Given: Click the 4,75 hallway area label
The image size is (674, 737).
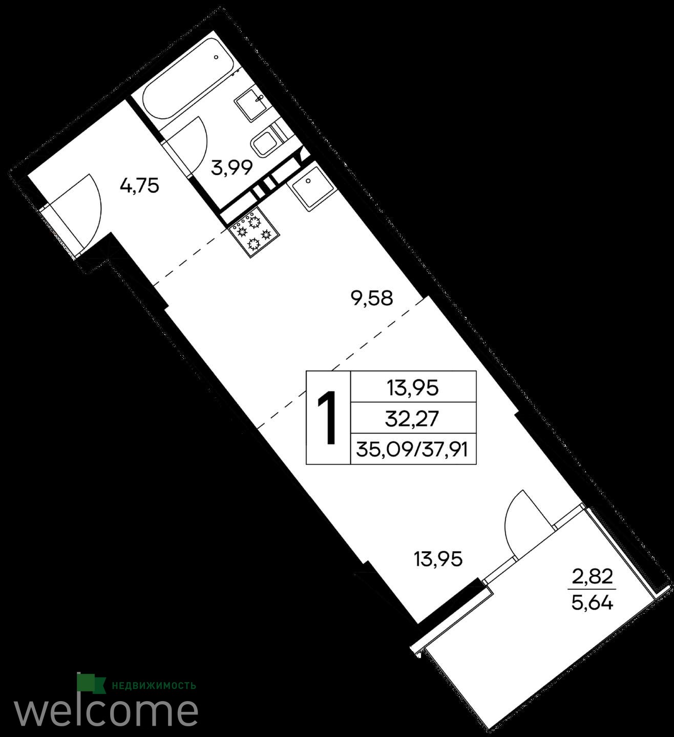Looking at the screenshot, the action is click(x=139, y=186).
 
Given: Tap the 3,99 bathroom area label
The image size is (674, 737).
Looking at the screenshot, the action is click(x=231, y=168).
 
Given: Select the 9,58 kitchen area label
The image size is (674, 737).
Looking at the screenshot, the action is click(x=372, y=298).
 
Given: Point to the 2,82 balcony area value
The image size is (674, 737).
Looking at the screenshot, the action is click(x=593, y=577).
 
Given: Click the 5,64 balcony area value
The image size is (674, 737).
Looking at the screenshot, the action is click(x=593, y=603).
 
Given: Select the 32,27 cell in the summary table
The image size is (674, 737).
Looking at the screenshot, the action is click(x=412, y=419).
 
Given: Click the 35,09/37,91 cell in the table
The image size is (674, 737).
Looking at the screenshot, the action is click(x=412, y=449).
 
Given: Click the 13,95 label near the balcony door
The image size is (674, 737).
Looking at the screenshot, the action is click(x=438, y=559).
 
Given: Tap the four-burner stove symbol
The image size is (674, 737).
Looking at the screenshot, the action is click(x=254, y=231).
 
